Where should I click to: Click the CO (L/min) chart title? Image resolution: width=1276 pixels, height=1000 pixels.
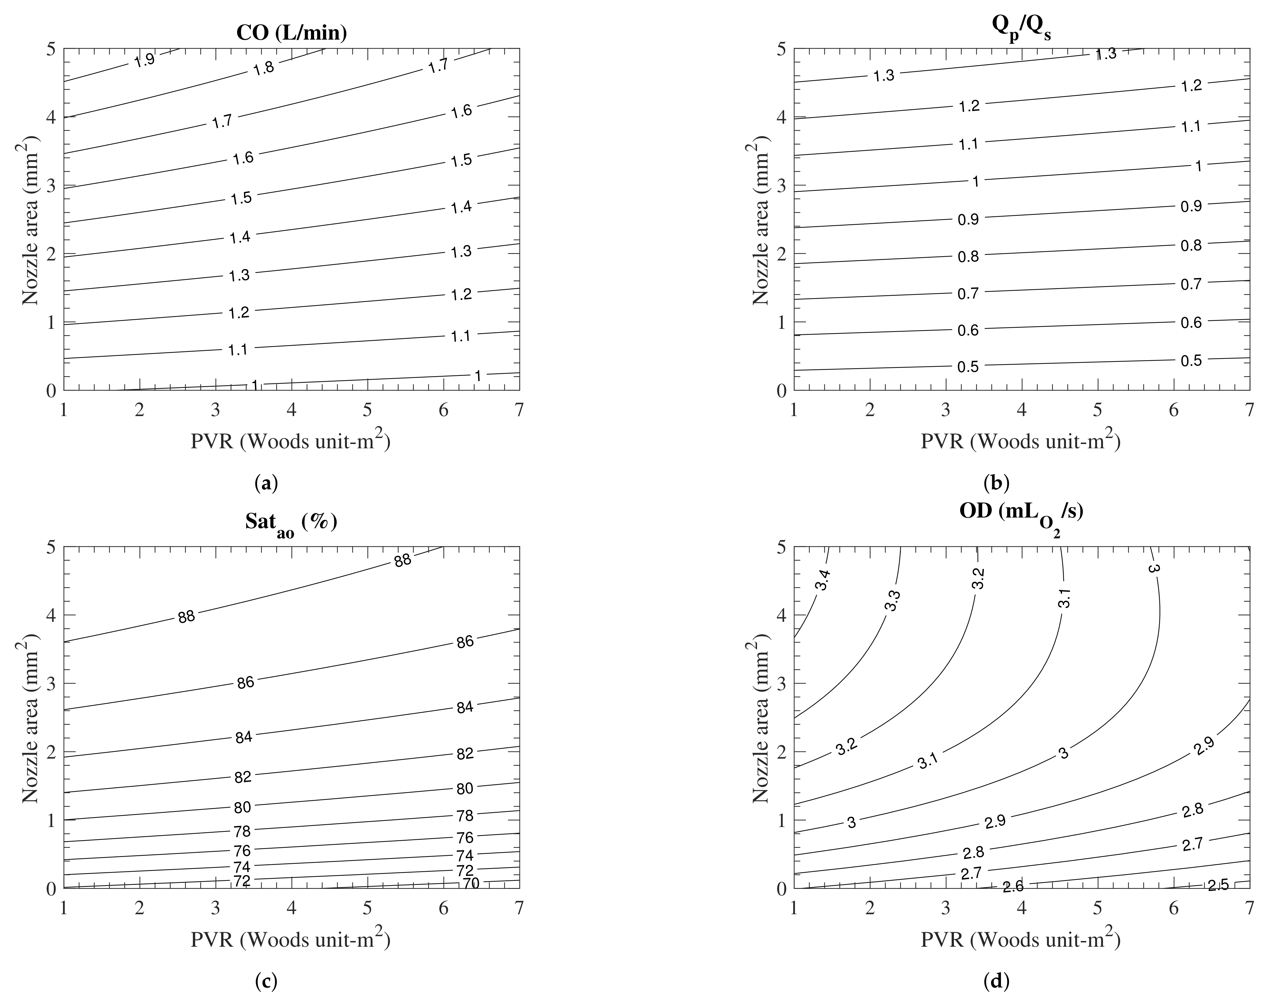coord(291,33)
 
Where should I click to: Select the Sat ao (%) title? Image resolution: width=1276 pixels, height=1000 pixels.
coord(291,522)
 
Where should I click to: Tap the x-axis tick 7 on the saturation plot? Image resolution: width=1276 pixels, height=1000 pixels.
coord(519,909)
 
